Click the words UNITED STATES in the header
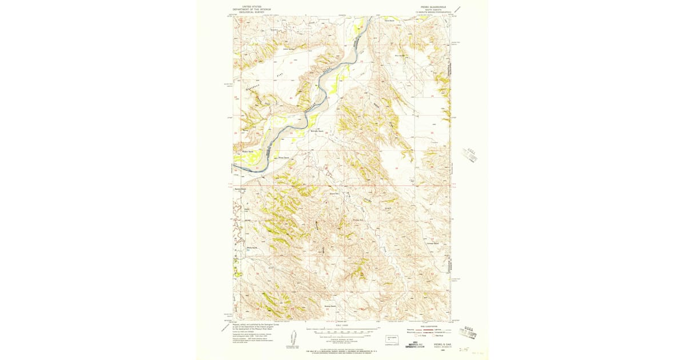tap(252, 7)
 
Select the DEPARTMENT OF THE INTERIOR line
tap(252, 10)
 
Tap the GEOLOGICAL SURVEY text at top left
tap(252, 13)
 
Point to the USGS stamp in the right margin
tap(471, 155)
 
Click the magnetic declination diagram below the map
tap(293, 337)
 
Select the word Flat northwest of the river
tap(280, 75)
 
